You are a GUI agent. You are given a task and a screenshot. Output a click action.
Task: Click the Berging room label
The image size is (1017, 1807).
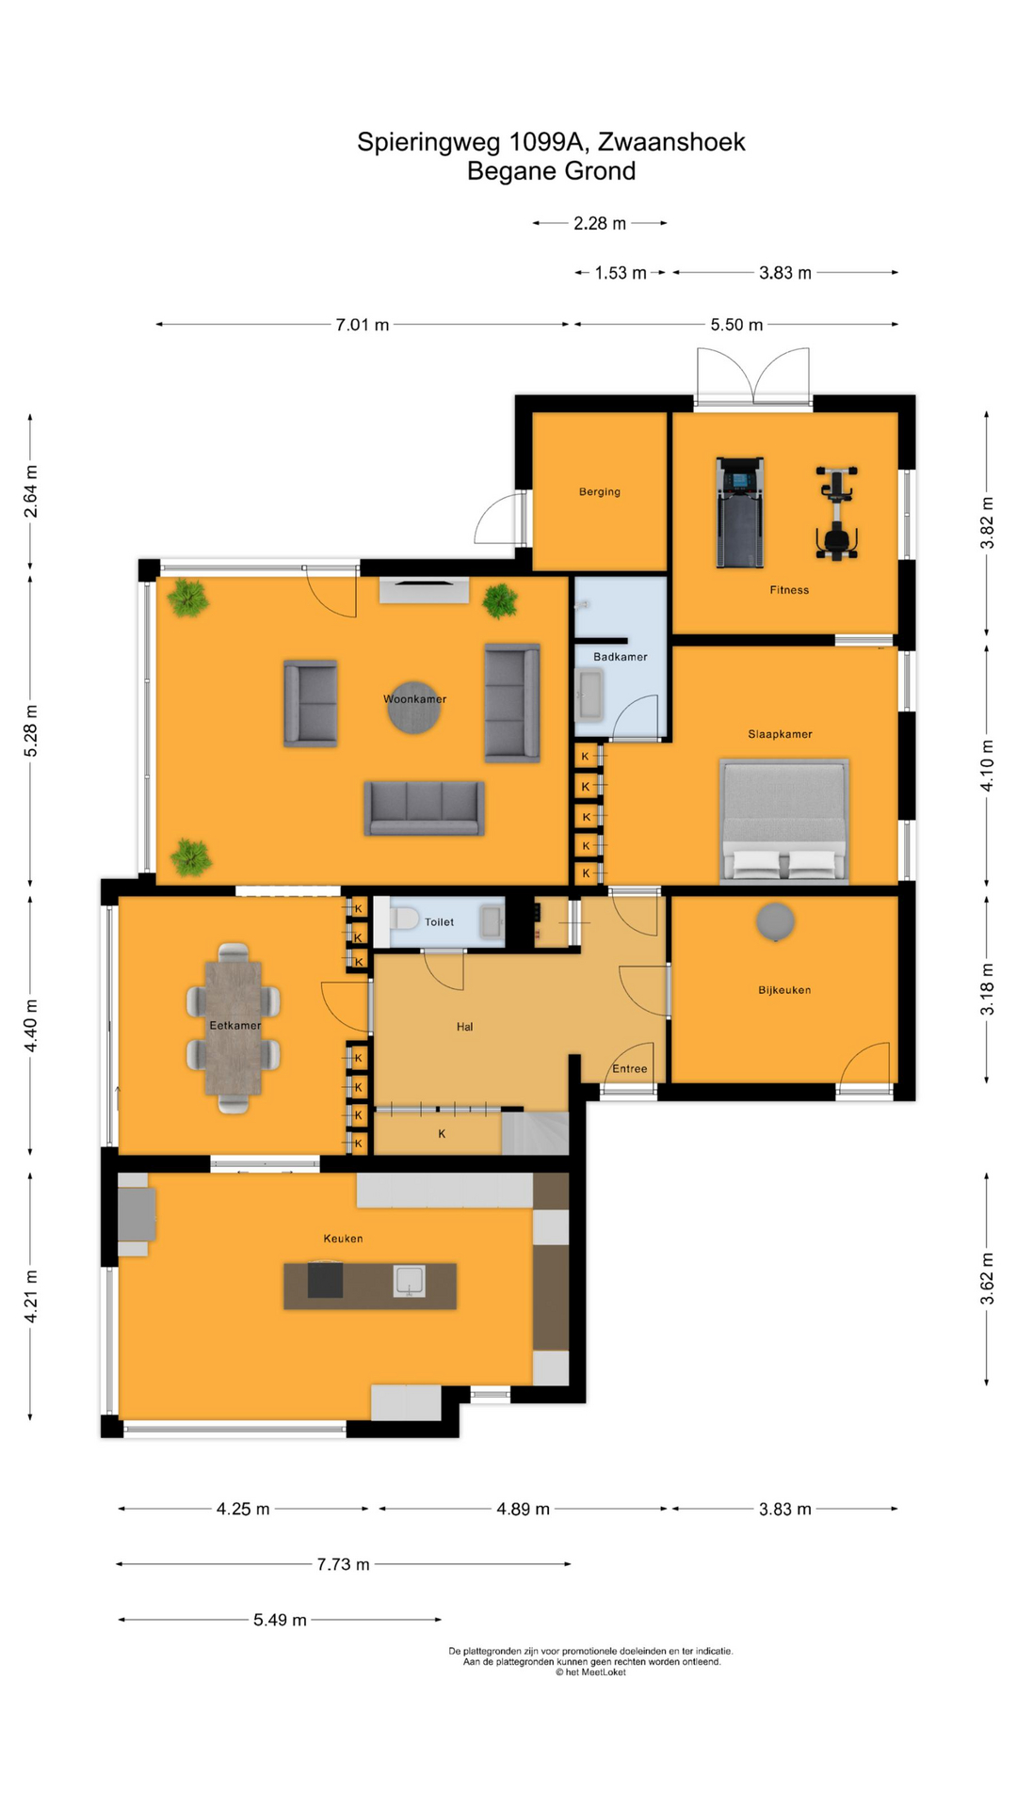coord(600,491)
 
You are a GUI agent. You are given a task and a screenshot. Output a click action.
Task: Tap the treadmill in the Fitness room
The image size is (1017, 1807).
coord(739,513)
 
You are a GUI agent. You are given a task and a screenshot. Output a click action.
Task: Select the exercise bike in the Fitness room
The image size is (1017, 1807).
coord(836,514)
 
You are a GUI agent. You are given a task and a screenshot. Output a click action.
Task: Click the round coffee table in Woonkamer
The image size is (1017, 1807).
coord(413,709)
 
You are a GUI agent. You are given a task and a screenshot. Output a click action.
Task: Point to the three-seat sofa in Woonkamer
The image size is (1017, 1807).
coord(424,808)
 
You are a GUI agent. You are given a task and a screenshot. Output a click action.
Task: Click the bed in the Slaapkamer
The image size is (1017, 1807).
coord(783,821)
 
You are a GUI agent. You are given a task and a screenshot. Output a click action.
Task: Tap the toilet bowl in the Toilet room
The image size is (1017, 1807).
coord(404,918)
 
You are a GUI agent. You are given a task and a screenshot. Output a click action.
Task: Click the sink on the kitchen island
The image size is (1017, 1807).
coord(410,1281)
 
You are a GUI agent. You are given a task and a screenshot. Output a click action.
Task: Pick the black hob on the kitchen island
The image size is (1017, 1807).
coord(325,1281)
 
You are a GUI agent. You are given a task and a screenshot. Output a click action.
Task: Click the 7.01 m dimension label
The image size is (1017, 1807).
coord(363,325)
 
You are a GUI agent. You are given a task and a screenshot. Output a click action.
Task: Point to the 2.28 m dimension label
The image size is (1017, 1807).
coord(600,223)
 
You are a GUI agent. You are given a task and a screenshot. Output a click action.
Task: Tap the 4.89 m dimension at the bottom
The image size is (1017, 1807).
coord(523,1509)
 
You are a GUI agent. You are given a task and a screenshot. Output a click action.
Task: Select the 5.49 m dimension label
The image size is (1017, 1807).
coord(280,1620)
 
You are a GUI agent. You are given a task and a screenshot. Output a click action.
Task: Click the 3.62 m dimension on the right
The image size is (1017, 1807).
coord(987,1279)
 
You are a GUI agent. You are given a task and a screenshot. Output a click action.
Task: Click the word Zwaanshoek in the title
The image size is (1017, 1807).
coord(671,142)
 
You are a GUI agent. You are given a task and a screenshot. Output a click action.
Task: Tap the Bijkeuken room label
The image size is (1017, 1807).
coord(784,990)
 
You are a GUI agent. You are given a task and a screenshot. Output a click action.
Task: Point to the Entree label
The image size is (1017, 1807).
coord(630,1068)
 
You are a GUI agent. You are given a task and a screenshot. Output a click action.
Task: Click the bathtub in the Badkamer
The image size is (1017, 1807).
coord(589,696)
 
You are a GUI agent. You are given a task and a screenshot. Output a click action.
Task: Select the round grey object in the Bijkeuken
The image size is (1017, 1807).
coord(775,921)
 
